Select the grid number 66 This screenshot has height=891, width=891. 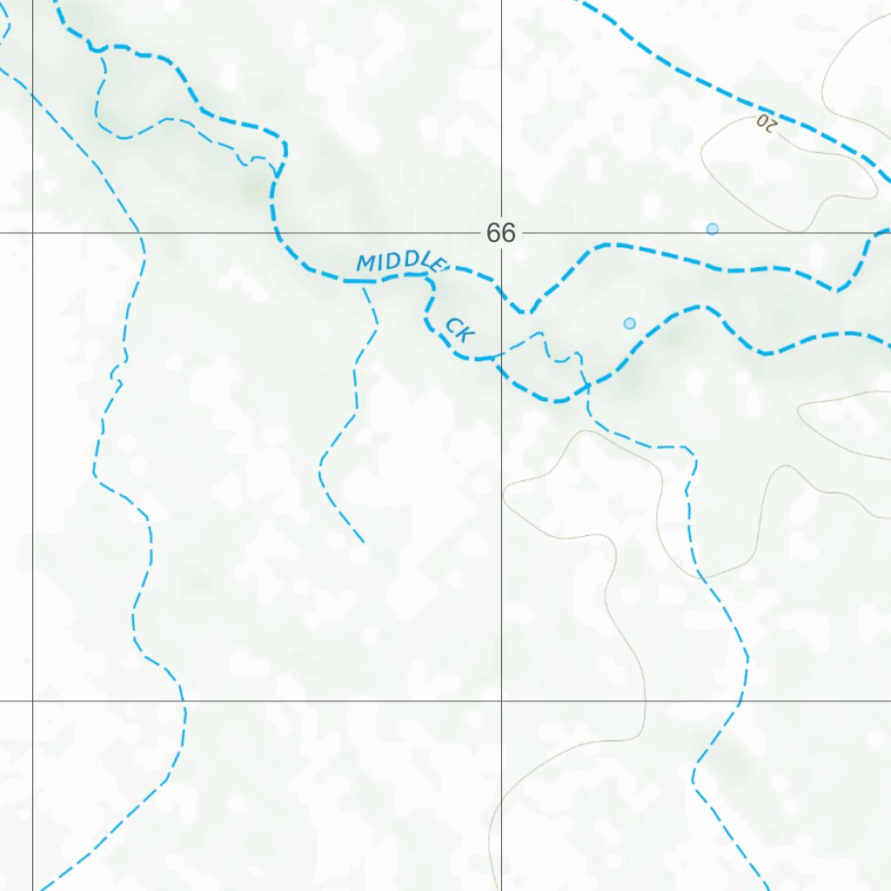501,233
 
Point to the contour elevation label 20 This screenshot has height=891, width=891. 766,122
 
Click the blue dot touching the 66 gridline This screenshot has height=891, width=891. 713,229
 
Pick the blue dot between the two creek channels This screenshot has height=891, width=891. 630,324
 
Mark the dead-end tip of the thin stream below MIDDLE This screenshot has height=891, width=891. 364,543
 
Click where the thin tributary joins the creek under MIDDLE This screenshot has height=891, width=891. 364,283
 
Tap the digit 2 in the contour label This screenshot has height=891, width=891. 771,124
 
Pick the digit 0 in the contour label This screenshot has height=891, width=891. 760,120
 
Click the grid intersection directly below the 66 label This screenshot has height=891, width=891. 501,700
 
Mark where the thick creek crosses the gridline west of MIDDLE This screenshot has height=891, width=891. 277,233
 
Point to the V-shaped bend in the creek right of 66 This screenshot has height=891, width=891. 526,312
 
